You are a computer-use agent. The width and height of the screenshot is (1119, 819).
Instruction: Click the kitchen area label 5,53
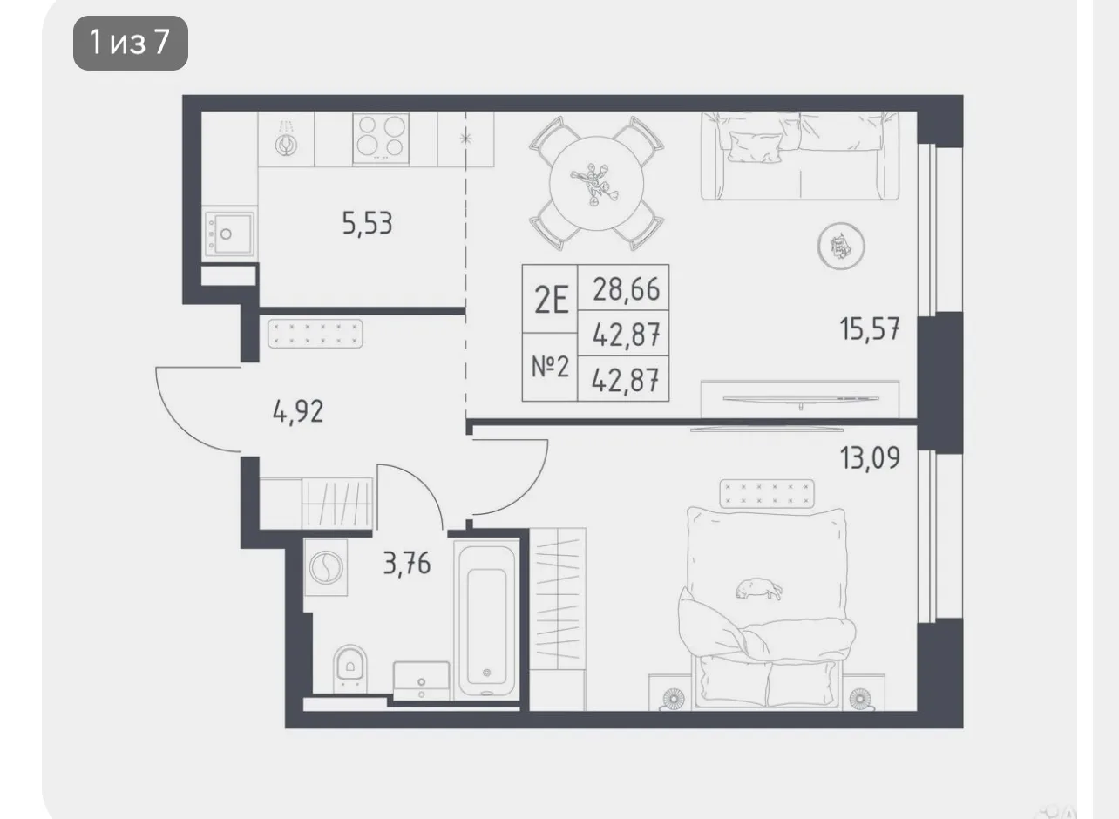click(x=367, y=223)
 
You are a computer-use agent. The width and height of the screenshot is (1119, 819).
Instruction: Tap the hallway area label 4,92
click(x=298, y=412)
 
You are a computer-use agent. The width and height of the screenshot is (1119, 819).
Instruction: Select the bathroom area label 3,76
click(x=407, y=564)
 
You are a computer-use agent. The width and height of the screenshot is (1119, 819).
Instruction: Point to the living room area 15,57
click(x=870, y=329)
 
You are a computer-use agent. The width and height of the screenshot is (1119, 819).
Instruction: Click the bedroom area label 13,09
click(x=870, y=457)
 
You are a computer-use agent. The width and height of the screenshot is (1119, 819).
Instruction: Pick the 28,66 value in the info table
click(x=627, y=289)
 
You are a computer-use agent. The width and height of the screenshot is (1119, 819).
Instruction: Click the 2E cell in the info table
click(x=551, y=300)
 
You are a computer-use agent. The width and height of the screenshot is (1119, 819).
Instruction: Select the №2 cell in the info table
click(x=550, y=367)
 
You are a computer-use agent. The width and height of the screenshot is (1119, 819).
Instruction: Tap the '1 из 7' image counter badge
click(x=131, y=43)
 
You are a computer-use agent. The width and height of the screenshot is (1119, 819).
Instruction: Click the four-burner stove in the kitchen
click(x=381, y=139)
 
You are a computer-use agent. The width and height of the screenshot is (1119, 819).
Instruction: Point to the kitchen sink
click(x=229, y=234)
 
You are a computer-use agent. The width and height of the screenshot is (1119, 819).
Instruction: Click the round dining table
click(x=596, y=183)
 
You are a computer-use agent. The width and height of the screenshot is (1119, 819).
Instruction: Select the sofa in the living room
click(x=800, y=156)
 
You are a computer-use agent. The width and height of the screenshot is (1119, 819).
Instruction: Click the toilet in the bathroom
click(x=349, y=668)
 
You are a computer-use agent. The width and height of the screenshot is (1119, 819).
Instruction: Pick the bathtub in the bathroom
click(x=486, y=620)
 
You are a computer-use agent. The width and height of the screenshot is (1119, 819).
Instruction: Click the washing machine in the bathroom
click(x=326, y=567)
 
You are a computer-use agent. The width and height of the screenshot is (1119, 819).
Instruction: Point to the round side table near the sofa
click(x=841, y=247)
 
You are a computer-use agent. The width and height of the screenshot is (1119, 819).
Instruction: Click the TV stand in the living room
click(x=800, y=399)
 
